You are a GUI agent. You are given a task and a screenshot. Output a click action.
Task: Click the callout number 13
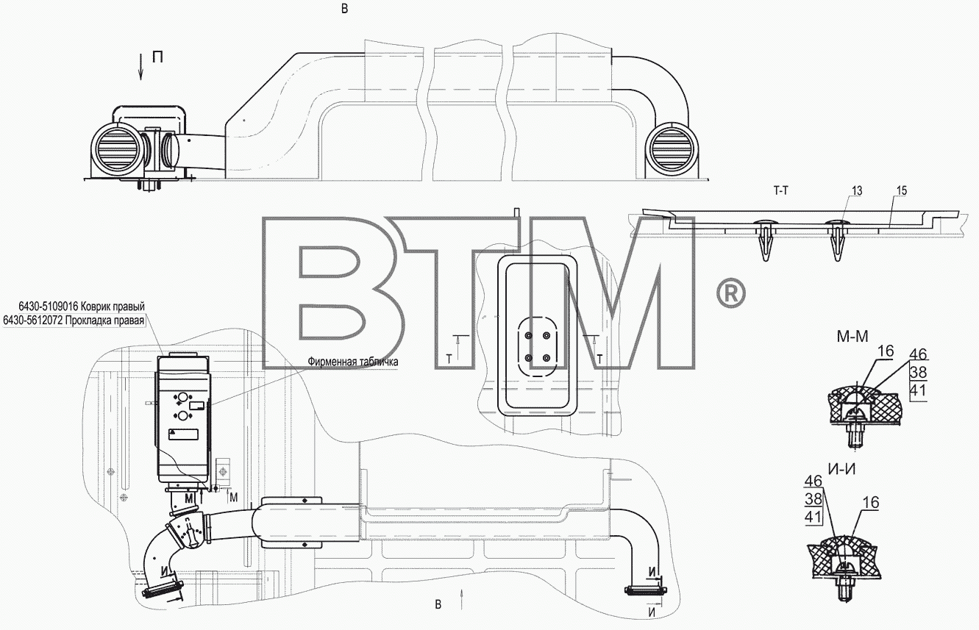click(x=857, y=191)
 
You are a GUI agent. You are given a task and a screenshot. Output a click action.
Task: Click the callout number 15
click(x=902, y=191)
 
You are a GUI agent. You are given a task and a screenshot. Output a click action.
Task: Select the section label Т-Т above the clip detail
click(x=780, y=190)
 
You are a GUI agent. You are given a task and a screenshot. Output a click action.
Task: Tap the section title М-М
click(x=852, y=337)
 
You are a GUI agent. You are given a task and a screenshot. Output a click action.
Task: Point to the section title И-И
click(x=842, y=469)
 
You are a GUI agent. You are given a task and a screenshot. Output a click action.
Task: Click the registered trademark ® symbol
click(x=731, y=293)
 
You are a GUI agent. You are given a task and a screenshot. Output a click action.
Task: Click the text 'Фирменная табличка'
click(x=353, y=362)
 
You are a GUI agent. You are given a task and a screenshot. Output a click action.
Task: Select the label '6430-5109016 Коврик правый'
click(x=82, y=307)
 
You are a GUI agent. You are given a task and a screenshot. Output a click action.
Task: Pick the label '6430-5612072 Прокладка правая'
click(x=74, y=321)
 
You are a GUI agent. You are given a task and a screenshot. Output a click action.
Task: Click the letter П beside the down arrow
click(x=158, y=57)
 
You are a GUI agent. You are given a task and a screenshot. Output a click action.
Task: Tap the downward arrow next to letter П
click(x=140, y=66)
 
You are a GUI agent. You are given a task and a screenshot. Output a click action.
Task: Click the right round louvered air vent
click(x=672, y=147)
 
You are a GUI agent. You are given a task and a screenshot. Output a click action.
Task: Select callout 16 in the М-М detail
click(x=886, y=351)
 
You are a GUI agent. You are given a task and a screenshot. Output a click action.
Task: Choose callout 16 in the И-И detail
click(x=871, y=503)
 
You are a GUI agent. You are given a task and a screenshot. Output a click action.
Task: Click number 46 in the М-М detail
click(x=918, y=354)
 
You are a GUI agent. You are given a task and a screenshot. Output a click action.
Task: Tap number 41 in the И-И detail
click(x=814, y=518)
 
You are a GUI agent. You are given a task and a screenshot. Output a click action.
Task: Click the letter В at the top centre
click(x=345, y=9)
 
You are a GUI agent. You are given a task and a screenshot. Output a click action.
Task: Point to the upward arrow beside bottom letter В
click(x=462, y=599)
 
